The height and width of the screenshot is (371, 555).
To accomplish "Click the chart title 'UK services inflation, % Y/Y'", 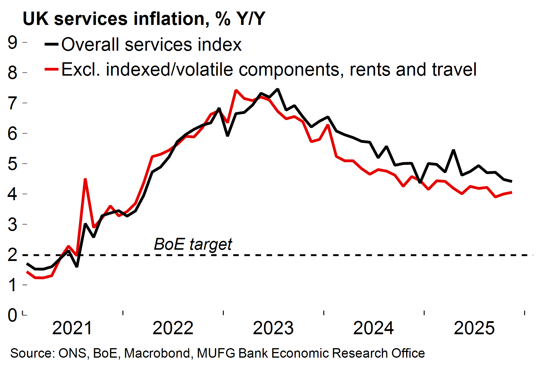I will coord(144,19).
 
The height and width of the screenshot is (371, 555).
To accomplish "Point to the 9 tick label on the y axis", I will coord(12,43).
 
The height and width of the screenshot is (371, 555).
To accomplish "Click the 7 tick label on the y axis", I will coord(12,103).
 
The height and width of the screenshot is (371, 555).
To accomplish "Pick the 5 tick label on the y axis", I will coord(12,164).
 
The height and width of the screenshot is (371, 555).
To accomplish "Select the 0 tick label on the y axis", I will coord(12,315).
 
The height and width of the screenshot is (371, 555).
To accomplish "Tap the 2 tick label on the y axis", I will coord(12,255).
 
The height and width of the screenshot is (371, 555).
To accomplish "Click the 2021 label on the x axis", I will coord(72,328).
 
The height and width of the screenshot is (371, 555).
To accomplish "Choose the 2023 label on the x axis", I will coord(273,328).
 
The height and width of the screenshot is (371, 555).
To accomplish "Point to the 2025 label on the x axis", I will coord(474,328).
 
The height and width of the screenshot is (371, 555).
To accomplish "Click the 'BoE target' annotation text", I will coord(193,244).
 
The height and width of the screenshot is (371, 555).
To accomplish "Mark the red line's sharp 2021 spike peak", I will coord(85,179).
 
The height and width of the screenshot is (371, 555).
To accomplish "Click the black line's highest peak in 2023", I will coord(278,89).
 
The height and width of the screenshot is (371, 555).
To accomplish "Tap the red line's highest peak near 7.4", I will coord(236,90).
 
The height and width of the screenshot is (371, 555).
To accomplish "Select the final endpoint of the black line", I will coord(511,181).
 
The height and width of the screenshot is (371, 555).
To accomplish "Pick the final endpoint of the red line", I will coord(511,192).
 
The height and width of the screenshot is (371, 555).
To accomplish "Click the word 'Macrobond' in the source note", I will coord(157,354).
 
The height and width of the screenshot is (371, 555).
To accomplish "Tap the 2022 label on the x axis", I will coord(173,328).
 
